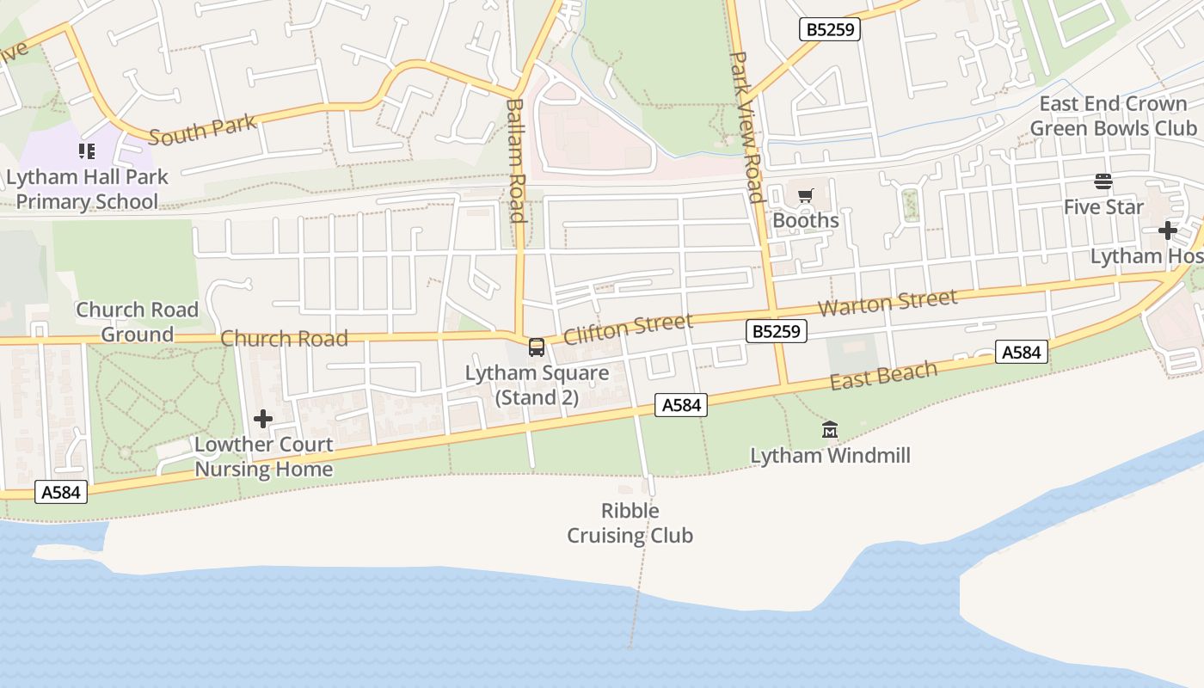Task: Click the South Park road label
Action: [x=203, y=130]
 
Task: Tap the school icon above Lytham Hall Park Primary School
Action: [x=86, y=151]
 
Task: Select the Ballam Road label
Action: [x=515, y=160]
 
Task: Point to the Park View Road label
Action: [x=746, y=126]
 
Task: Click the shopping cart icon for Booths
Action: [x=805, y=196]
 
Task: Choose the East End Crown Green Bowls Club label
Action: [x=1113, y=116]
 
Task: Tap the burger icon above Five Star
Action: [x=1103, y=181]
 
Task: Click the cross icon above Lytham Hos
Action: [x=1167, y=230]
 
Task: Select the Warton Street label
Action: [x=887, y=302]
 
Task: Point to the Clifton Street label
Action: [x=628, y=328]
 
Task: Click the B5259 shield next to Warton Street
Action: [x=776, y=331]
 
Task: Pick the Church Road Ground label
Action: [x=137, y=322]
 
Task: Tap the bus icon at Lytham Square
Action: [x=537, y=347]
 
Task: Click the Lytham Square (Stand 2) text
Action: [x=537, y=385]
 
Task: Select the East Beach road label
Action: [x=883, y=375]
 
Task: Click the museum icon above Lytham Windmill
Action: [x=830, y=429]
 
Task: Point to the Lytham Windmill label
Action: [x=830, y=456]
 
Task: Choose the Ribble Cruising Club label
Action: [x=630, y=523]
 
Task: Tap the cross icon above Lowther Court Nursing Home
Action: [x=263, y=419]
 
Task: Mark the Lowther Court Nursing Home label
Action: [x=263, y=457]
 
